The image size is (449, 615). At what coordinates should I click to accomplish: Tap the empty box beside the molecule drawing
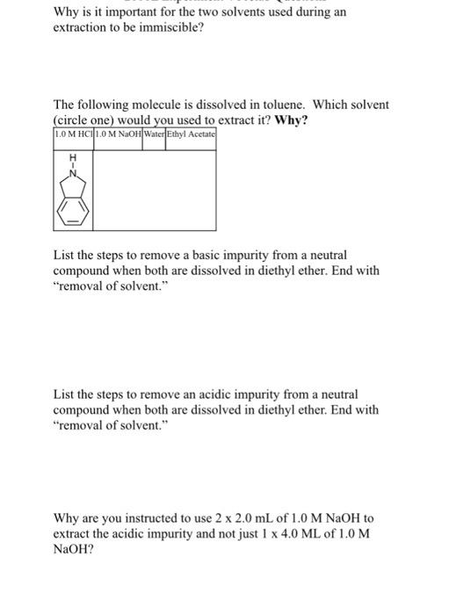(x=154, y=190)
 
